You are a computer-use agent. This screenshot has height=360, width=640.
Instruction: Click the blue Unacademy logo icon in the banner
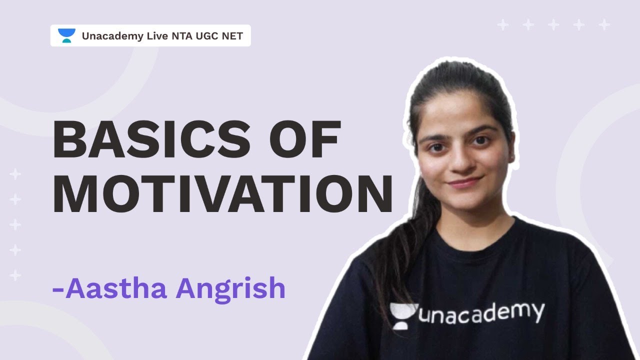click(66, 36)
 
